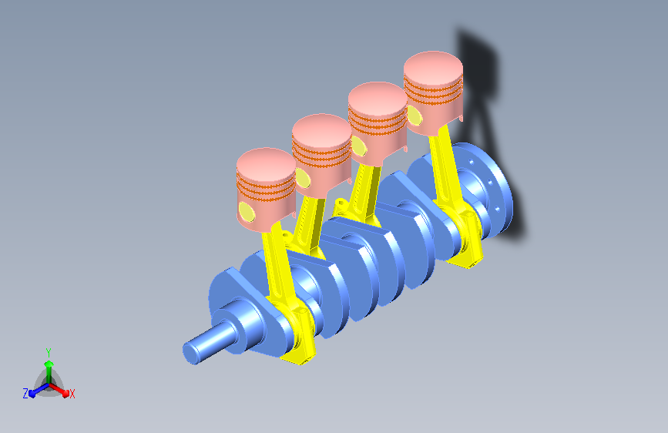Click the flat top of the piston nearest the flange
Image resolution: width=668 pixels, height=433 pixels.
tap(433, 67)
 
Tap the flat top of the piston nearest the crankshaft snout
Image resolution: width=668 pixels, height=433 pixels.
tap(267, 164)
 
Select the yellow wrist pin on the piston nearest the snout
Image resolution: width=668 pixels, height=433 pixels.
tap(247, 212)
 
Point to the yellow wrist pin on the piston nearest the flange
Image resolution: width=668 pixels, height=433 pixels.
tap(415, 115)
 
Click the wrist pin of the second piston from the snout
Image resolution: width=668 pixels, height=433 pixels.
tap(303, 178)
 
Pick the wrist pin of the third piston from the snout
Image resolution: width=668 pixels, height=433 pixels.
tap(359, 146)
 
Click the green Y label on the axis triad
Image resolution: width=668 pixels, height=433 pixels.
tap(49, 353)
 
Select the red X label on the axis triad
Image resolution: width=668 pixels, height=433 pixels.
tap(72, 394)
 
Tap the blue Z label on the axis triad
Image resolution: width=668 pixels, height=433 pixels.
tap(25, 394)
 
